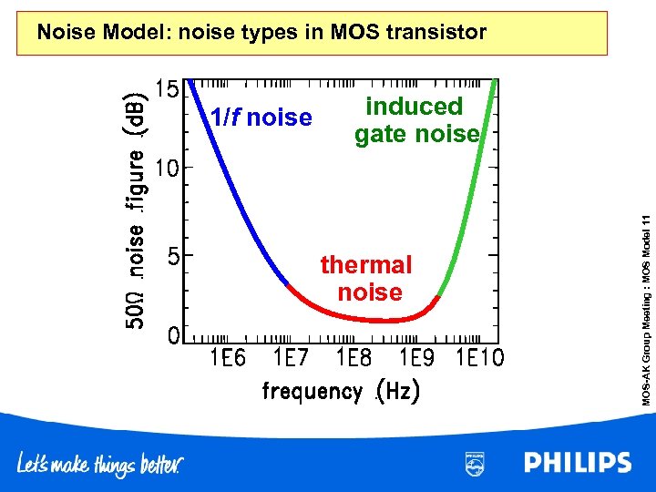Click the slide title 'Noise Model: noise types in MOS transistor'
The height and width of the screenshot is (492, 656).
tap(261, 33)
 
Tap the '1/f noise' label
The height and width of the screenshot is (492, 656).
tap(261, 118)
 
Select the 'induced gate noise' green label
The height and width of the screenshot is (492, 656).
tap(415, 120)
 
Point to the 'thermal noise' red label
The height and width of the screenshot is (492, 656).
tap(367, 278)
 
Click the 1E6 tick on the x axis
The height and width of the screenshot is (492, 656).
tap(228, 358)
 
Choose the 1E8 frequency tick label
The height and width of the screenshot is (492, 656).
tap(354, 358)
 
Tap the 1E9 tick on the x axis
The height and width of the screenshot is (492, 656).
tap(416, 358)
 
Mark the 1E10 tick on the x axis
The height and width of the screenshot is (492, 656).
tap(479, 358)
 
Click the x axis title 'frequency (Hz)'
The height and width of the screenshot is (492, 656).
tap(341, 392)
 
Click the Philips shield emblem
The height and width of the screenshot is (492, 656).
tap(476, 463)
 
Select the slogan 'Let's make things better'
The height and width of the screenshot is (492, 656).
tap(101, 465)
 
